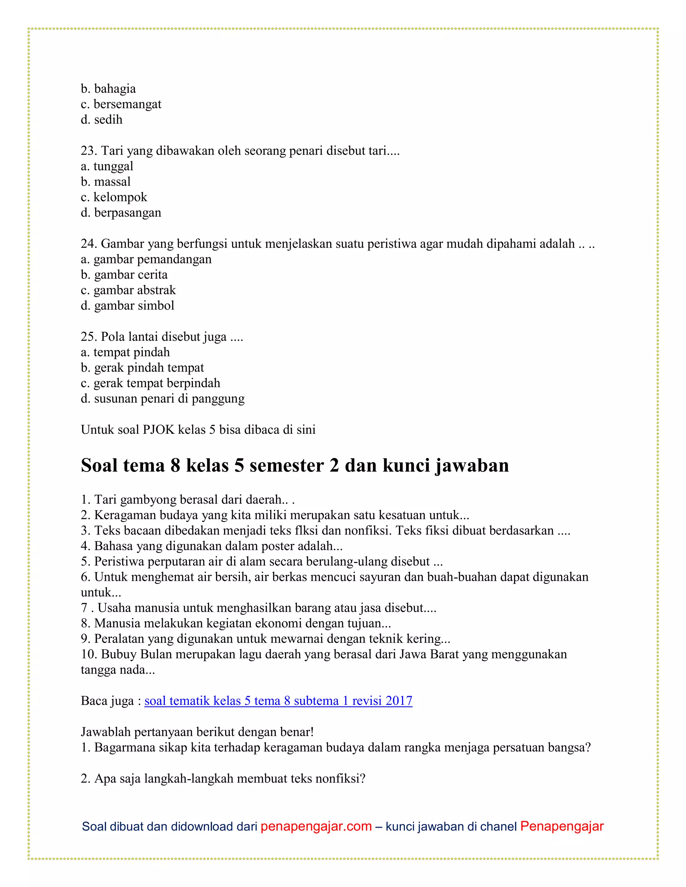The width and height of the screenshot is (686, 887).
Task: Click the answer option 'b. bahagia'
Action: [108, 89]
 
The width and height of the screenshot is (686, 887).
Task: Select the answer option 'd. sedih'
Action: [101, 120]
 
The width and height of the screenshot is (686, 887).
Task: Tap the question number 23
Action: [88, 151]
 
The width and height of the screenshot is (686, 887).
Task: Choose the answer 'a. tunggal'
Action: [107, 166]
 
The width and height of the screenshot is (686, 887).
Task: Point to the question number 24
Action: [88, 244]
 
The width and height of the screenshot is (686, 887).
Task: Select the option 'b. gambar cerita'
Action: [124, 274]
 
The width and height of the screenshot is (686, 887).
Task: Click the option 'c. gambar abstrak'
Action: [128, 290]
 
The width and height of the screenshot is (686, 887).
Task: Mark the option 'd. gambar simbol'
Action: [127, 305]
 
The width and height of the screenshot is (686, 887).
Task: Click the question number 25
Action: [88, 337]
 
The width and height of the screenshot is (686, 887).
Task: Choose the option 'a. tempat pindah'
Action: [125, 352]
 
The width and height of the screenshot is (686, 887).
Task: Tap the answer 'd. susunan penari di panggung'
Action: [162, 398]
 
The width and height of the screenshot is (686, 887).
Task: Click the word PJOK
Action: [158, 430]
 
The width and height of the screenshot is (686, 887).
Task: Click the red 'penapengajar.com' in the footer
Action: [316, 826]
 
